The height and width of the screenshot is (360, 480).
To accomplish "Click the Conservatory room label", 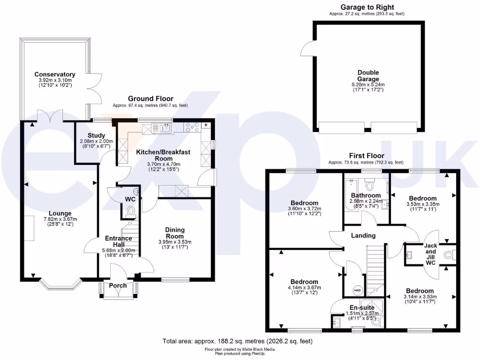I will pos(54,75).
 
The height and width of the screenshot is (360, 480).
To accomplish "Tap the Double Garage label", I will pos(368,76).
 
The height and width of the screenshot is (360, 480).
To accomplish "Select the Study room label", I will pos(96,135).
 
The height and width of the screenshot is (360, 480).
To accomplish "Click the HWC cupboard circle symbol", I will pos(357,290).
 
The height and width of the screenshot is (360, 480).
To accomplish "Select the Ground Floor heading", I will pos(150,99).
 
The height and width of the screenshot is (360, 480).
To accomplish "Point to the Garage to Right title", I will pos(367,7).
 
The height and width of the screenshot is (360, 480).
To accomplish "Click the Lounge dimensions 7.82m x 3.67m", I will pos(54,219).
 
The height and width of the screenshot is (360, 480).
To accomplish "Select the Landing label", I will pos(363,235).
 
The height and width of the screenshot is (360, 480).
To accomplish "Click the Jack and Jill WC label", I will pos(430,255).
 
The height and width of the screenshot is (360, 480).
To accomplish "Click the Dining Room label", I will pos(174,233).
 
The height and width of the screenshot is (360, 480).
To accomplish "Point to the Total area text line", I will pos(237,341).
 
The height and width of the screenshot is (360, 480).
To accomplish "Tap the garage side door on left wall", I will pos(308,48).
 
